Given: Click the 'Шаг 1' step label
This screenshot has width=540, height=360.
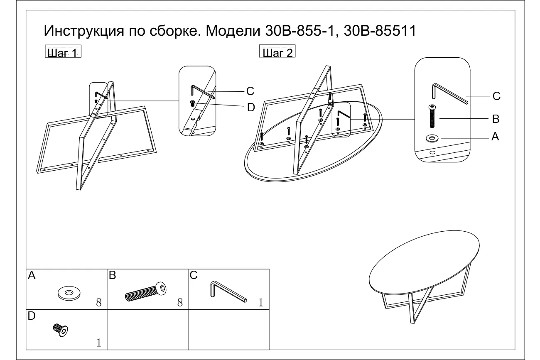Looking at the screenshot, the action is tap(63, 51).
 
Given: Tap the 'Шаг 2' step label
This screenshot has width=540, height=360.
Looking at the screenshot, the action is tap(277, 51).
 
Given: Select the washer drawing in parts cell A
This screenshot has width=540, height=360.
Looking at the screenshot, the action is tap(69, 293).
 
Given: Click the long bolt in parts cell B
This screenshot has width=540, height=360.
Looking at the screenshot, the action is tap(146, 292).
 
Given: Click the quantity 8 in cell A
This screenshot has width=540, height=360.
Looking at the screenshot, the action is tap(99, 302).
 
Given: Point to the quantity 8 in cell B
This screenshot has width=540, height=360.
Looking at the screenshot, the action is tap(180, 302).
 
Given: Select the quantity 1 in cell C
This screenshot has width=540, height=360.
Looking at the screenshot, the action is tap(261, 302).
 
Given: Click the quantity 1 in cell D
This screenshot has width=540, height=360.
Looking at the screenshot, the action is tap(99, 343).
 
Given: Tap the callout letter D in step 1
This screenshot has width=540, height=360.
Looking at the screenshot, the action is tap(251, 108).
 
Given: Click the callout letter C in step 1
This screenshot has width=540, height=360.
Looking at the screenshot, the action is tap(250, 91).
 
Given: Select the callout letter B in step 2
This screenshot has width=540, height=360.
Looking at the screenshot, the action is tap(496, 119).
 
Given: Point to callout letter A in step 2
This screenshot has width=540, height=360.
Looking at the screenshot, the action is tap(495, 137).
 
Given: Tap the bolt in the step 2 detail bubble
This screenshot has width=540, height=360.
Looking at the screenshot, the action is tap(432, 116).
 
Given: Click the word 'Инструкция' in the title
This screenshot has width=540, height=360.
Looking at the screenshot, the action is tap(84, 31).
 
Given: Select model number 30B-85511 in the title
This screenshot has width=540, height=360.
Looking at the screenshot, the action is tap(380, 31).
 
